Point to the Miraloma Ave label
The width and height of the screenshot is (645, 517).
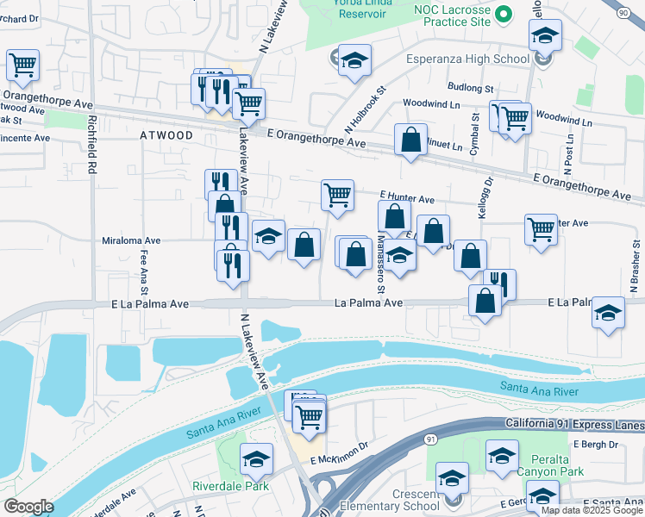(131, 241)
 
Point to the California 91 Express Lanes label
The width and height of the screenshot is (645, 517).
(573, 425)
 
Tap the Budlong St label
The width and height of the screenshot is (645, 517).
(471, 88)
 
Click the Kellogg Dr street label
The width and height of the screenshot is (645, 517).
(488, 199)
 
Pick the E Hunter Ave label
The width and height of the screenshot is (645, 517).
(406, 198)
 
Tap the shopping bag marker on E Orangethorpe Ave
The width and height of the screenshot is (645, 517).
(411, 140)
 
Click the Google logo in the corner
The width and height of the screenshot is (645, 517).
(28, 507)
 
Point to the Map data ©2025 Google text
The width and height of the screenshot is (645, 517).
(592, 510)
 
